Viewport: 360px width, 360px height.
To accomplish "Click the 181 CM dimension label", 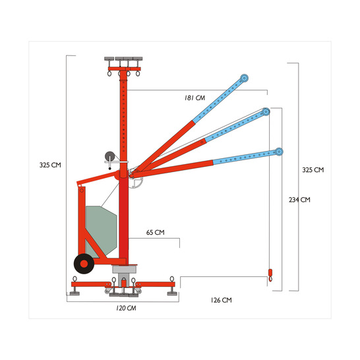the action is click(195, 98).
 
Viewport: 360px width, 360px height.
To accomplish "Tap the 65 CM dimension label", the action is click(156, 232).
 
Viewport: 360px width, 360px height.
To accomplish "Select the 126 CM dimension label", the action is click(222, 300).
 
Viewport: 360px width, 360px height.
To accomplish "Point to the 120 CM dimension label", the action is click(126, 308).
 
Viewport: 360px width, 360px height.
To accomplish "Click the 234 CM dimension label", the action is click(299, 200).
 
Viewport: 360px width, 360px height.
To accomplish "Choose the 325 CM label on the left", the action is click(50, 165).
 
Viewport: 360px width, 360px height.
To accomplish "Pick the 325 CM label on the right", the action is click(313, 170).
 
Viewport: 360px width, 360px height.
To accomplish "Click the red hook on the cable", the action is click(270, 275).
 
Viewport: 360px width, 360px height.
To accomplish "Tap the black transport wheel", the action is click(84, 264).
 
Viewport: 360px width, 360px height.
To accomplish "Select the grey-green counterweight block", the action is click(101, 231).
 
